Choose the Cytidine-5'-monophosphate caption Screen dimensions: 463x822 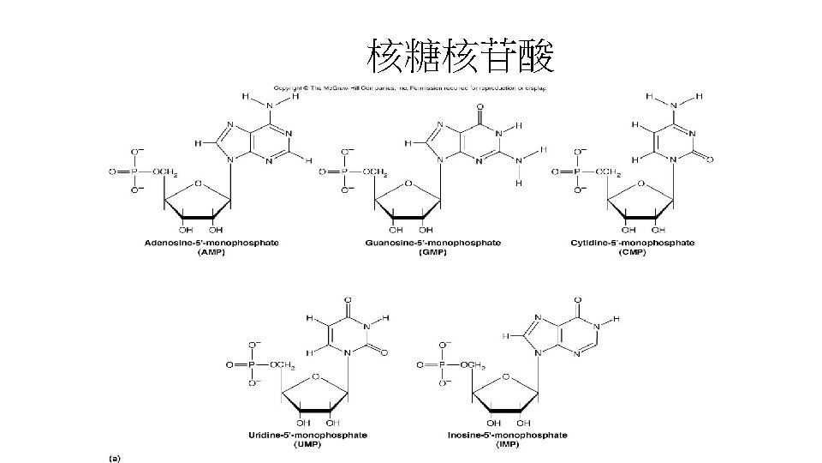(632, 244)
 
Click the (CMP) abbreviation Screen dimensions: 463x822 (632, 253)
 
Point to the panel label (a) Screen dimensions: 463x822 (114, 457)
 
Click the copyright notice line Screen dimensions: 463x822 (409, 87)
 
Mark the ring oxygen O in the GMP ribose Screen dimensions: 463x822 (408, 183)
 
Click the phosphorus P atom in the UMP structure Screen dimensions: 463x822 (253, 364)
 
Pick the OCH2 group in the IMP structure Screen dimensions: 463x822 (474, 365)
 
